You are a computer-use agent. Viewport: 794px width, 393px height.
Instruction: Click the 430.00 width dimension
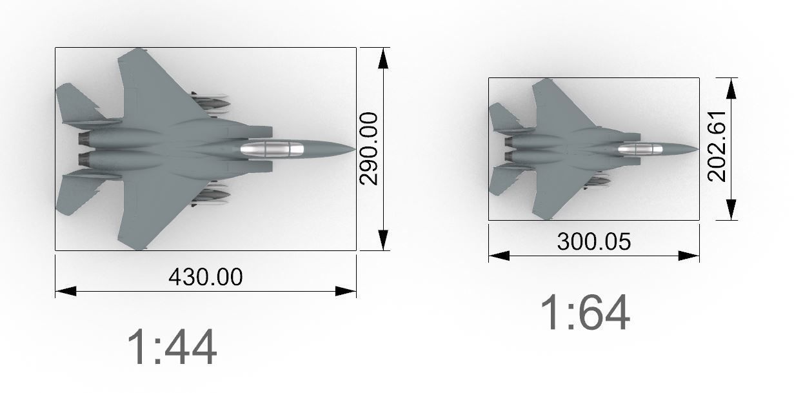[x=205, y=277]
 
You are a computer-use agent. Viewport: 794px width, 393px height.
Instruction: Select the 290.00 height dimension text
[x=369, y=148]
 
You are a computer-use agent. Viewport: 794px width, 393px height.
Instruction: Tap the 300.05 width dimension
[x=593, y=241]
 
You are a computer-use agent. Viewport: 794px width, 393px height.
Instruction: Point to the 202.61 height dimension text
[x=717, y=149]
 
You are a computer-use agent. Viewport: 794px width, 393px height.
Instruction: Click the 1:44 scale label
[x=172, y=348]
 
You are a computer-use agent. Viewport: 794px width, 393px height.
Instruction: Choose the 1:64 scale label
[x=584, y=313]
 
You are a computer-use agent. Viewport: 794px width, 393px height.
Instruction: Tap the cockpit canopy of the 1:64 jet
[x=640, y=149]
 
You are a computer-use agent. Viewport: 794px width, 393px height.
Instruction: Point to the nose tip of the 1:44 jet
[x=353, y=149]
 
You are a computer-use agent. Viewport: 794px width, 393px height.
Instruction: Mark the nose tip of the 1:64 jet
[x=697, y=149]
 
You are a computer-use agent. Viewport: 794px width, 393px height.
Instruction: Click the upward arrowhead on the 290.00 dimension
[x=384, y=58]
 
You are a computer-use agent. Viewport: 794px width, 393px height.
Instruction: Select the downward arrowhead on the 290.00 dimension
[x=384, y=239]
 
